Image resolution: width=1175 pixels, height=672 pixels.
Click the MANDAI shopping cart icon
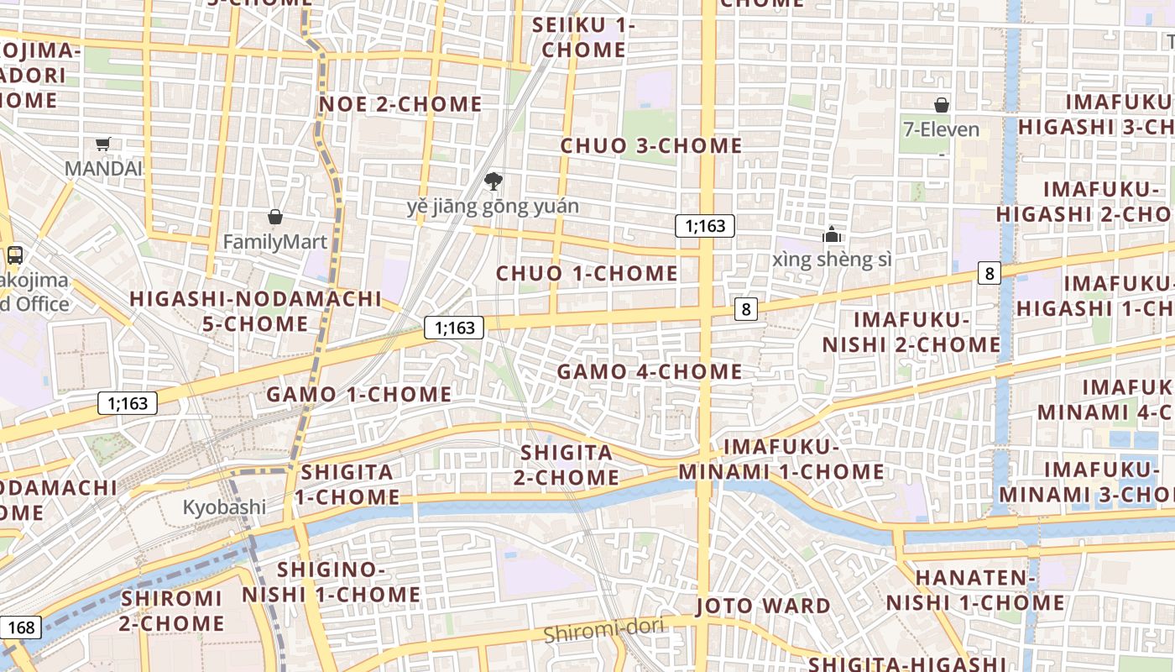pos(102,144)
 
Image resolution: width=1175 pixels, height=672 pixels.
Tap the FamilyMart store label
pos(274,242)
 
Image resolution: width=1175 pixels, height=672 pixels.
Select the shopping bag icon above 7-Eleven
pos(942,105)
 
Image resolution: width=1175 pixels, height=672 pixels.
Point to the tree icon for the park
pos(493,181)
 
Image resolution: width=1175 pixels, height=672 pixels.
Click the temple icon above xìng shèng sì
pos(832,234)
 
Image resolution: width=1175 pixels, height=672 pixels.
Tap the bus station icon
pos(14,255)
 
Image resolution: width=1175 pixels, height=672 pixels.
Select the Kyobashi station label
pos(224,507)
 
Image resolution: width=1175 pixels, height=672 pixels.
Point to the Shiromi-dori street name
pos(603,629)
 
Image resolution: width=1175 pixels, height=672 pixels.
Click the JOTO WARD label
pos(763,606)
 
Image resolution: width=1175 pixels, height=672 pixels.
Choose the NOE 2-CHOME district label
pos(400,104)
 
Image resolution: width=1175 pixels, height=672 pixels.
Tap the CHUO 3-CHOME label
pos(651,145)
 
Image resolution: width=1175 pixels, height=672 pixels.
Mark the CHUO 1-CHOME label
pos(587,273)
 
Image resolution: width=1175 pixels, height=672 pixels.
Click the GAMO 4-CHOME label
pos(650,371)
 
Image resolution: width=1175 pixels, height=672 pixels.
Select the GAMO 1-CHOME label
pos(358,394)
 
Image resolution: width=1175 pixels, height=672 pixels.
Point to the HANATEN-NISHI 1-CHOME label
pos(975,591)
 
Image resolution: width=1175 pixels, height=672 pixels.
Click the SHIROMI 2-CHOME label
pos(172,611)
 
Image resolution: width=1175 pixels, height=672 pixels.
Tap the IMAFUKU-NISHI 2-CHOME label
pos(911,333)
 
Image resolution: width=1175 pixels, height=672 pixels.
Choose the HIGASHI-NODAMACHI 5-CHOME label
pos(255,311)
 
